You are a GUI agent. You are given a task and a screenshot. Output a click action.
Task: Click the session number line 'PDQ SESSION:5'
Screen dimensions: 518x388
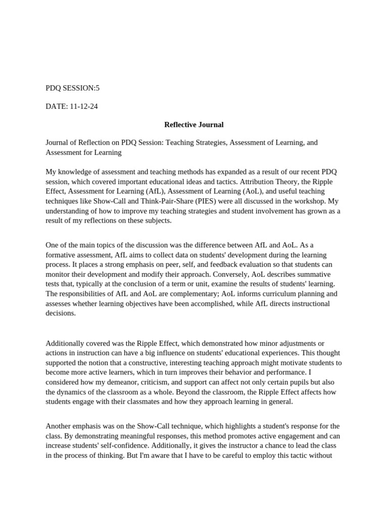pos(73,88)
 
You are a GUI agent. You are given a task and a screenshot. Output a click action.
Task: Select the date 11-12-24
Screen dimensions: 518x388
pos(82,106)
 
